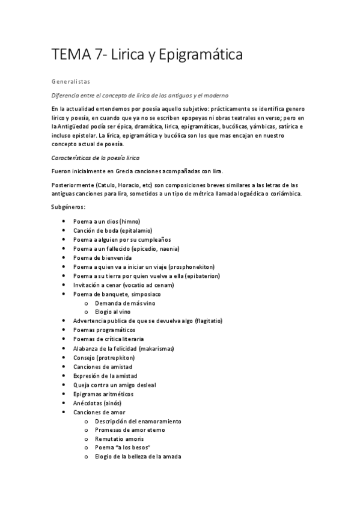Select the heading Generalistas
[x=70, y=80]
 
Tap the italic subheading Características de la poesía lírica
[x=96, y=158]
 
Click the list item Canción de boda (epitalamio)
[x=113, y=230]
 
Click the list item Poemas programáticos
[x=104, y=330]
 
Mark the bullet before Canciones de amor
[x=64, y=412]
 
